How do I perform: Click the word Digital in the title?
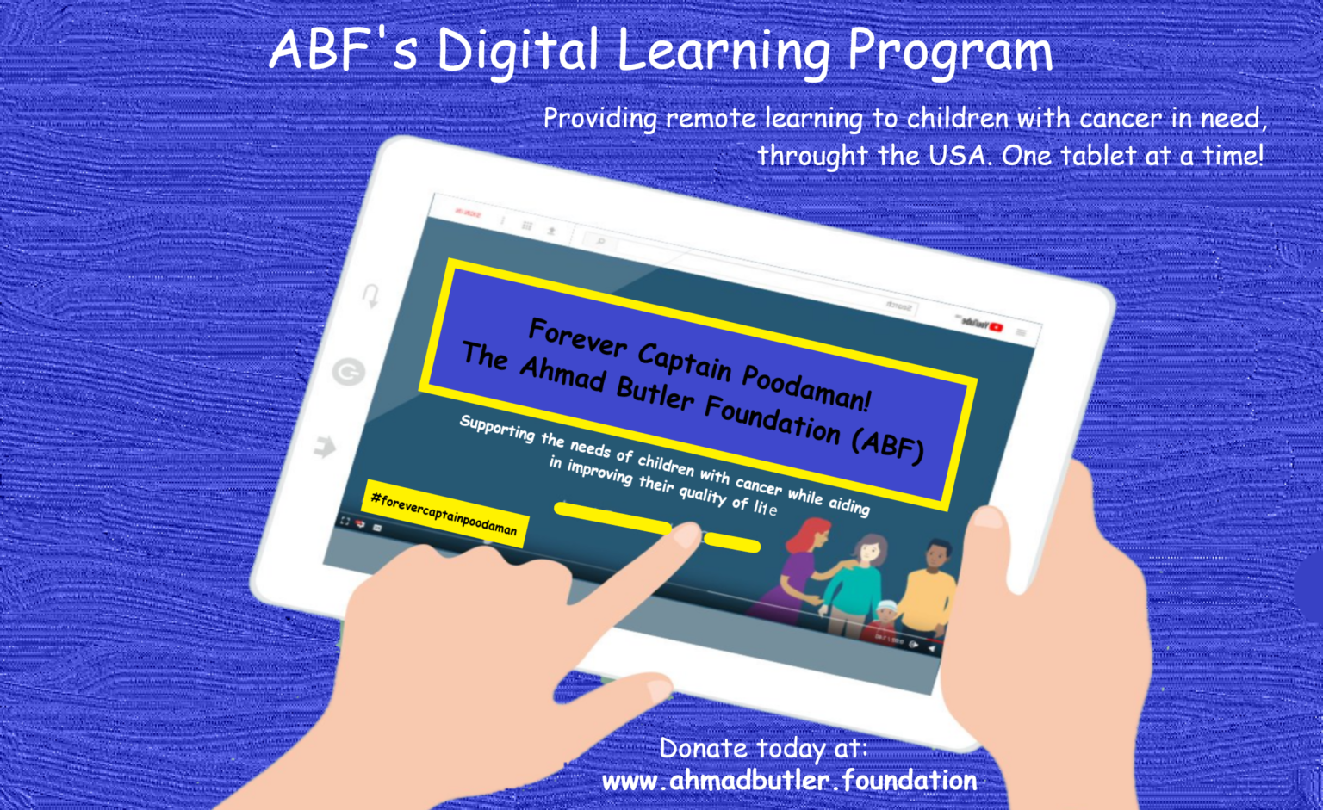[x=518, y=50]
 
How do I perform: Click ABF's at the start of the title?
[x=343, y=50]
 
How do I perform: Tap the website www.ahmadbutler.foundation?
[x=789, y=781]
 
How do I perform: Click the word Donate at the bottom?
[x=703, y=748]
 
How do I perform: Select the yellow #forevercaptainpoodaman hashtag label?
[x=444, y=514]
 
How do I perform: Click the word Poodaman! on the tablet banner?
[x=806, y=388]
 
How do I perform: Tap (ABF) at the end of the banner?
[x=887, y=446]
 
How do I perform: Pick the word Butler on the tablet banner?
[x=655, y=393]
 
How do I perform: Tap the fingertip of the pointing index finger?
[x=686, y=535]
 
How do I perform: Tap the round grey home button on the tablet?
[x=349, y=372]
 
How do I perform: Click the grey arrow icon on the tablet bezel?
[x=325, y=447]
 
